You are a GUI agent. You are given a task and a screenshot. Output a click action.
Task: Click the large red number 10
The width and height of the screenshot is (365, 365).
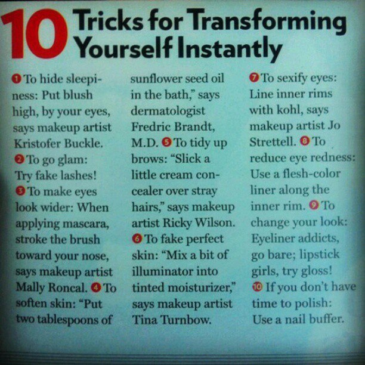coord(35,34)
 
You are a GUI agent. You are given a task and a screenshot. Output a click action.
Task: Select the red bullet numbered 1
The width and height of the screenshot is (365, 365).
coord(17,79)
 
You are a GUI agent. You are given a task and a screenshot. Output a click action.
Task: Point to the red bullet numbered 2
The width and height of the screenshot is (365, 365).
coord(19,159)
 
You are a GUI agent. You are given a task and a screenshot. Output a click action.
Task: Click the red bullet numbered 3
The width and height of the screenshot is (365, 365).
coord(20,191)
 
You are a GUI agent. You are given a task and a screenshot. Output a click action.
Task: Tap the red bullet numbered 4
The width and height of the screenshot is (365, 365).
coord(96,287)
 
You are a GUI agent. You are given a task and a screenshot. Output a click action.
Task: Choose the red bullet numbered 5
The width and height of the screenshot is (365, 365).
coord(166,142)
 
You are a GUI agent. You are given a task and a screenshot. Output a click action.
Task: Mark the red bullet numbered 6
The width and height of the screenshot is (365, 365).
coord(137,239)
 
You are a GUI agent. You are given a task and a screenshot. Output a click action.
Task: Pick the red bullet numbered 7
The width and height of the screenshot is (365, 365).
coord(254,78)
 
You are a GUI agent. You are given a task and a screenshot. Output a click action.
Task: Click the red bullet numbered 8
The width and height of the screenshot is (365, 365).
coord(305,141)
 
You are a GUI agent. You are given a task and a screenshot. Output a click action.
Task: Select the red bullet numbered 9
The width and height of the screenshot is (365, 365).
coord(314,205)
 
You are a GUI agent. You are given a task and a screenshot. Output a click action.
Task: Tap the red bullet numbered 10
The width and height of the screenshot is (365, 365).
coord(257,286)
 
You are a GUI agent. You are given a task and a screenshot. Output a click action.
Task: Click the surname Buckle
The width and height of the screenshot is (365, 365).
coord(83,143)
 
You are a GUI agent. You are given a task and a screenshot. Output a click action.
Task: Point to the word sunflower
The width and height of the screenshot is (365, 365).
coord(154,79)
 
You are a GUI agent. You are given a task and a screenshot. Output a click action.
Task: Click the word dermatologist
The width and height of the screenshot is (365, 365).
coord(168,112)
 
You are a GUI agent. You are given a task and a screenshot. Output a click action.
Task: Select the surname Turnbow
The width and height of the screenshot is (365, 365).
coord(187,320)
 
